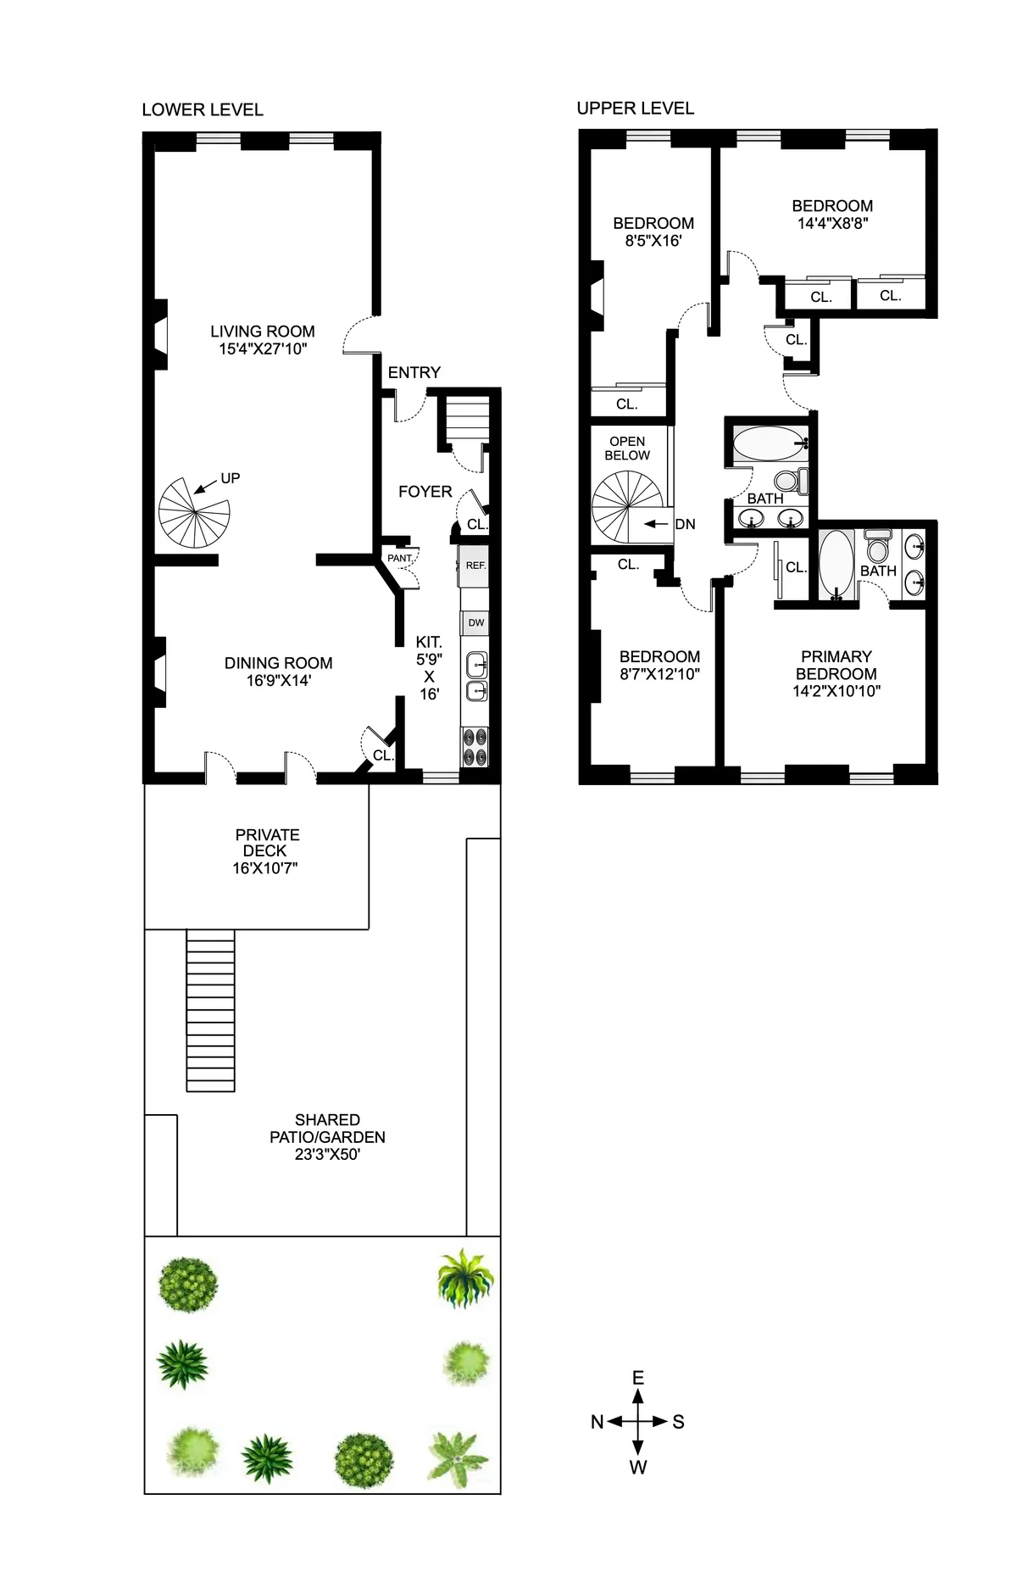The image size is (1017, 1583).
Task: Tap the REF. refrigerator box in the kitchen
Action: pyautogui.click(x=475, y=566)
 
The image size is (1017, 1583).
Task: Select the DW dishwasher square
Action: pyautogui.click(x=476, y=622)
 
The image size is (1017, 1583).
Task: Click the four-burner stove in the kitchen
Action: pyautogui.click(x=475, y=747)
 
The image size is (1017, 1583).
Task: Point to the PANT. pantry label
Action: pyautogui.click(x=399, y=558)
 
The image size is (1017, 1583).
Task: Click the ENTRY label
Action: pyautogui.click(x=414, y=372)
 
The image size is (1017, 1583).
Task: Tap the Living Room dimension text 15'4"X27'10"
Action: pyautogui.click(x=262, y=348)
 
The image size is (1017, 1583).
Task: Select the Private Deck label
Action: pyautogui.click(x=267, y=842)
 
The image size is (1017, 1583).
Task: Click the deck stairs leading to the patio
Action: pyautogui.click(x=209, y=1010)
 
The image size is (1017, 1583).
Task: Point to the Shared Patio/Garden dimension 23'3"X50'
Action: pyautogui.click(x=327, y=1154)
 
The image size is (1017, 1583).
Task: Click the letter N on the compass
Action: pyautogui.click(x=597, y=1422)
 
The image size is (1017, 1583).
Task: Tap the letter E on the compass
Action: pyautogui.click(x=638, y=1378)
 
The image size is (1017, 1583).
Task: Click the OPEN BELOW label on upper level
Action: pyautogui.click(x=627, y=448)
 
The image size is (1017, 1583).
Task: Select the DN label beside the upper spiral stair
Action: pyautogui.click(x=685, y=524)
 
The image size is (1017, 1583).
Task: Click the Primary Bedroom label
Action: pyautogui.click(x=836, y=665)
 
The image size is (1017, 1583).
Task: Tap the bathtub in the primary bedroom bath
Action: pyautogui.click(x=836, y=563)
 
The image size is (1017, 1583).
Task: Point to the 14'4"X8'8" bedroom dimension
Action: pyautogui.click(x=832, y=224)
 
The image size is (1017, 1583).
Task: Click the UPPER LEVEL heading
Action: pyautogui.click(x=635, y=108)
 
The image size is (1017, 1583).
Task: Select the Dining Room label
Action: pyautogui.click(x=278, y=663)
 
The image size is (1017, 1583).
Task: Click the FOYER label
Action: pyautogui.click(x=425, y=492)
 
